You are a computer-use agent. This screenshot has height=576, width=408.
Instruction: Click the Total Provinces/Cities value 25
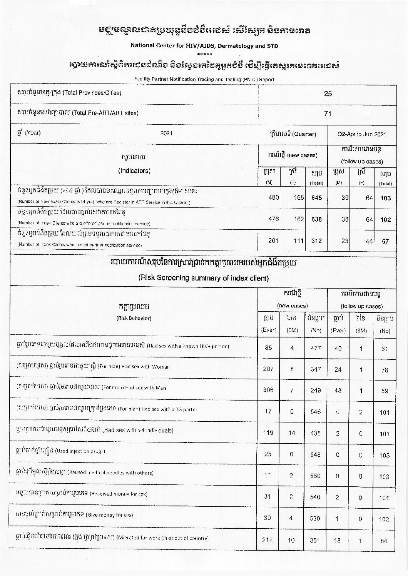(328, 93)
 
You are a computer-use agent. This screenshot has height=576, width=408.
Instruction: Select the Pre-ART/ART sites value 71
(328, 114)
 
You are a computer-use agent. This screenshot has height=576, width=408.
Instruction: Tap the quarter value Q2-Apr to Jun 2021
(361, 134)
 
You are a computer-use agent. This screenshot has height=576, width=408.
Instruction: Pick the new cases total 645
(316, 198)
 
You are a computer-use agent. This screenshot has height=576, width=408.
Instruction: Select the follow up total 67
(385, 241)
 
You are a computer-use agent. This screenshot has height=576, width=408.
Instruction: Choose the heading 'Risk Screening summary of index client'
(203, 278)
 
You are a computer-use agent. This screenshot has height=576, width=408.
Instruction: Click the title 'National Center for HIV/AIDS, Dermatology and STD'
(204, 46)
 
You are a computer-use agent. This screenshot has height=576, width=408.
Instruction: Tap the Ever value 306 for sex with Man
(268, 390)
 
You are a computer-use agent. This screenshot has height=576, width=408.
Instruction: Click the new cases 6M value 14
(292, 433)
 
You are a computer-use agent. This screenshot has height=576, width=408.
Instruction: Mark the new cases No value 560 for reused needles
(315, 476)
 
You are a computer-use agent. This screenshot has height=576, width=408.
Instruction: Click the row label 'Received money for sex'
(118, 494)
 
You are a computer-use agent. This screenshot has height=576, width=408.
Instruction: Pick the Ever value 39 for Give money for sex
(268, 518)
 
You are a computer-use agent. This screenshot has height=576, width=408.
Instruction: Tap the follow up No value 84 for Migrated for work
(384, 541)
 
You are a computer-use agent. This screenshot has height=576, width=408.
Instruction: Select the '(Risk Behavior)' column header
(134, 318)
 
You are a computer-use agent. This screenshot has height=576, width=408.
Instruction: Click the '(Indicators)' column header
(134, 170)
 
